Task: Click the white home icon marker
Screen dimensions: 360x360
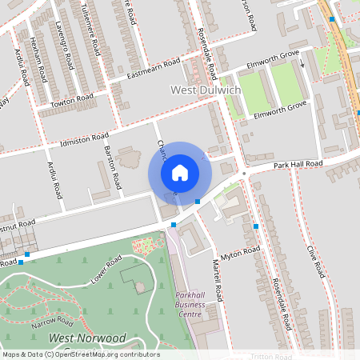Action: coord(180,172)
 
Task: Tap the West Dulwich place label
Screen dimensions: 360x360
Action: coord(206,90)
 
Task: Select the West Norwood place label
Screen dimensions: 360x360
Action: coord(87,338)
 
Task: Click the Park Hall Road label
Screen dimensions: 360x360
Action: coord(296,164)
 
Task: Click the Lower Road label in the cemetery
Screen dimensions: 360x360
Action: coord(106,270)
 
